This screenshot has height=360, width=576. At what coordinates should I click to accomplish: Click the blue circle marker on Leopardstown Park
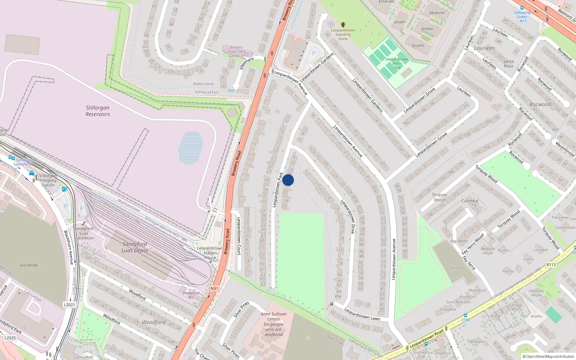click(288, 180)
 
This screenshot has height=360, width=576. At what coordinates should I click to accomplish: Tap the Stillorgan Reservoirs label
click(98, 111)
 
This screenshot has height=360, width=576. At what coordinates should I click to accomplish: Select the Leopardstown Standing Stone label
click(343, 35)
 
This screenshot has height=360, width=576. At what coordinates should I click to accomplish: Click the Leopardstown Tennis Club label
click(397, 63)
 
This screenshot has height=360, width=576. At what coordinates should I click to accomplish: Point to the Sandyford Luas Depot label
click(135, 247)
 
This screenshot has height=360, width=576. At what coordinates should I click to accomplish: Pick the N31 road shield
click(214, 288)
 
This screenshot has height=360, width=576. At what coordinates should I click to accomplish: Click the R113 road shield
click(551, 265)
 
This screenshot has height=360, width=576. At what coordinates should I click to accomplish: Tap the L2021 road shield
click(69, 305)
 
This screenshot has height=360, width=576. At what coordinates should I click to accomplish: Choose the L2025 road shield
click(10, 338)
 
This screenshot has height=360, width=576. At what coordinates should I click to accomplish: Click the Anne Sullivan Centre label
click(274, 324)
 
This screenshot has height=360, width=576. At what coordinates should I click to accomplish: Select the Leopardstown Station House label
click(210, 253)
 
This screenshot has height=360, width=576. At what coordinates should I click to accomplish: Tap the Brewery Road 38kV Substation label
click(237, 51)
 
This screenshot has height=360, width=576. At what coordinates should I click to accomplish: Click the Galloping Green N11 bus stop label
click(522, 17)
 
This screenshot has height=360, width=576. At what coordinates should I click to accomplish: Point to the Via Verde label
click(29, 265)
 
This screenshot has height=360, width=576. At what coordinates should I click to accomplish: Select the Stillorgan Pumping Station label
click(48, 180)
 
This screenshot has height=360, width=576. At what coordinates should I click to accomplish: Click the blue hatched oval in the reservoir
click(191, 148)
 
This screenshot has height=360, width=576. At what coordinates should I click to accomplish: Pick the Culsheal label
click(470, 201)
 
